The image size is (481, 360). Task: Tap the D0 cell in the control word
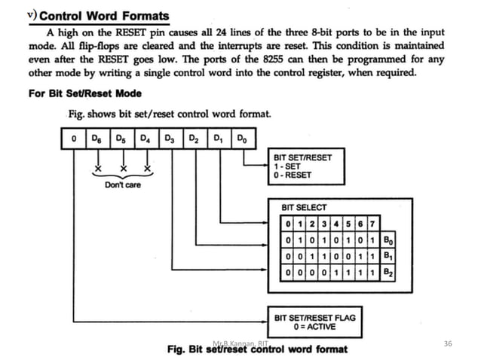tap(241, 139)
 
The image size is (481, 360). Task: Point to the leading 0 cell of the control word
tap(72, 139)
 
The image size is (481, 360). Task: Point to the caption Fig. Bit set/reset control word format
tap(256, 349)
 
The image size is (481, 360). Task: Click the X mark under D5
tap(121, 167)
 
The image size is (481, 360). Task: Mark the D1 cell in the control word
tap(218, 139)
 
